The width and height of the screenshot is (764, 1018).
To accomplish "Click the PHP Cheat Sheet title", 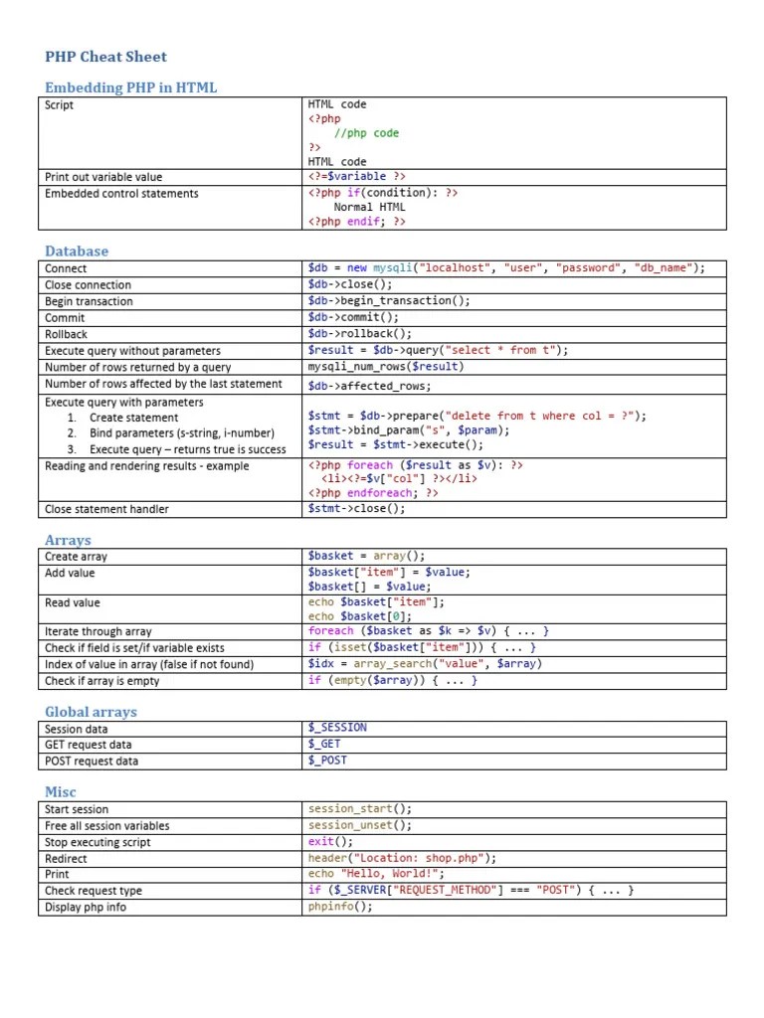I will coord(105,57).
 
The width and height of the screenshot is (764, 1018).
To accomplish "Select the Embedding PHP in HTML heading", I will coord(130,87).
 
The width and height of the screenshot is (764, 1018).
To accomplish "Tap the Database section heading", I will coord(77,252).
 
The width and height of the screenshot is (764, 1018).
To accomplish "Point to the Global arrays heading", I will coord(91,712).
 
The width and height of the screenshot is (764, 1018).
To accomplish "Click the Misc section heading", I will coord(60,792).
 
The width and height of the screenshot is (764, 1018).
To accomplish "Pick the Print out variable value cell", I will coord(103,177).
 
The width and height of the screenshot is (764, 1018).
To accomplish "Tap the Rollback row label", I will coord(66,334).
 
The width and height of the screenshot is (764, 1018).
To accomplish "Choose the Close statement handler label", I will coord(106,509).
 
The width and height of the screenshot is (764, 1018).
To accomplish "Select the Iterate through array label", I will coord(98,631).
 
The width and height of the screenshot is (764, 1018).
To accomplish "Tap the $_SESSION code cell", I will coord(337,728).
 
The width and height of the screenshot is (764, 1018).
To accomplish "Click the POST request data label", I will coord(92,761).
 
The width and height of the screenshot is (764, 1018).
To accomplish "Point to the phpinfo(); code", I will coord(340,907).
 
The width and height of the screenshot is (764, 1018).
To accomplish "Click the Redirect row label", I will coord(66,858).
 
